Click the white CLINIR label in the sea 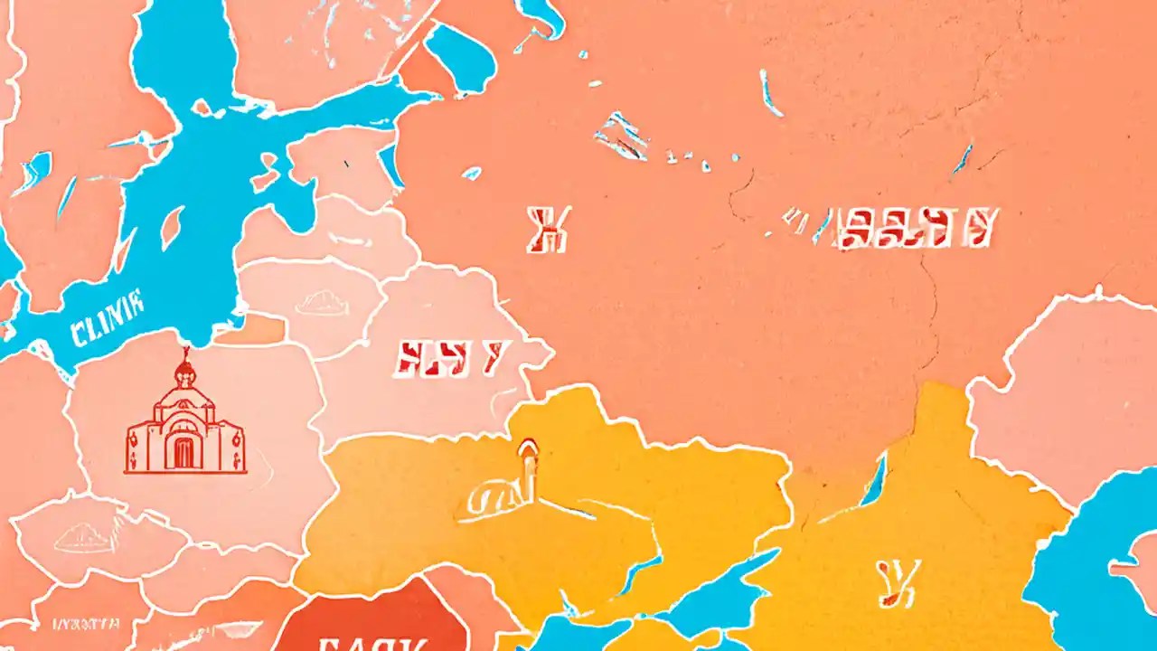[x=106, y=307]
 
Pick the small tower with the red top [x=526, y=466]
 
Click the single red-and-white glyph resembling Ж [x=549, y=229]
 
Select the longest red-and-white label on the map [x=915, y=228]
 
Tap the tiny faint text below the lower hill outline [x=87, y=623]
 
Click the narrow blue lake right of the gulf [x=390, y=166]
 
